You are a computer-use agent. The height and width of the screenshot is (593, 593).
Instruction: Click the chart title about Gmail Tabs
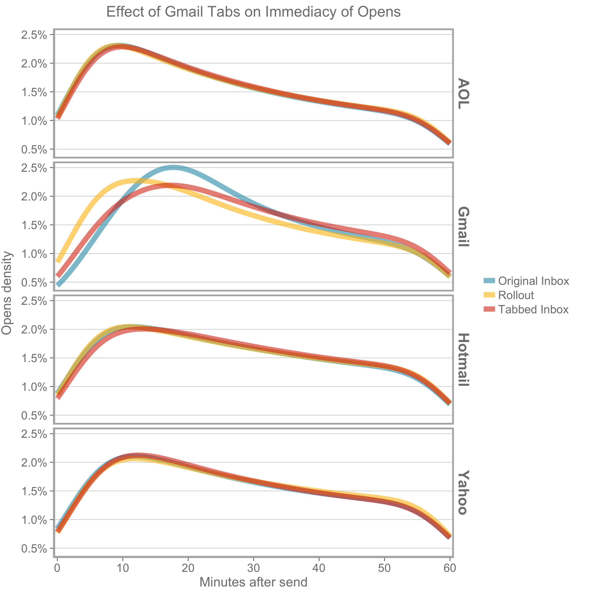click(253, 12)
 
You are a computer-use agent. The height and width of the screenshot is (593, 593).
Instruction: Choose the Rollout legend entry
click(516, 295)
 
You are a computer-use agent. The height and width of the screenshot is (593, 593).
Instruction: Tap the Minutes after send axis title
click(253, 582)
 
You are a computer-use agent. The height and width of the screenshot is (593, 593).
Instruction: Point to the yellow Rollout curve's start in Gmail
click(58, 261)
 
